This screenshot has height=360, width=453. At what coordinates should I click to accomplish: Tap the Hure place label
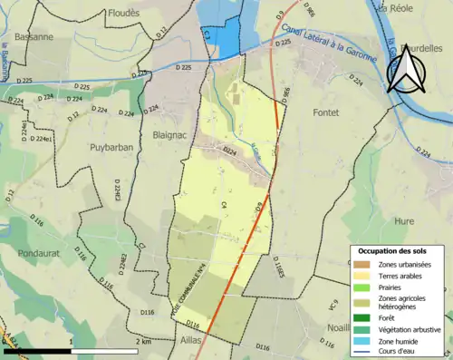405,220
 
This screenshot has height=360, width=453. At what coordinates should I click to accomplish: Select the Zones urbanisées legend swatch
361,263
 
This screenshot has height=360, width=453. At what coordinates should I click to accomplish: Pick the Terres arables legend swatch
361,275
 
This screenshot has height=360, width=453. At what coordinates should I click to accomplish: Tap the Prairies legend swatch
361,287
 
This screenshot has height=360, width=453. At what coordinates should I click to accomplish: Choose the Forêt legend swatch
361,317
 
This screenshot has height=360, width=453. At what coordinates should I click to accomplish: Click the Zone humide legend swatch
361,341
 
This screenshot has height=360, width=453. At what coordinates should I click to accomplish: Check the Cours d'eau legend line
361,353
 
